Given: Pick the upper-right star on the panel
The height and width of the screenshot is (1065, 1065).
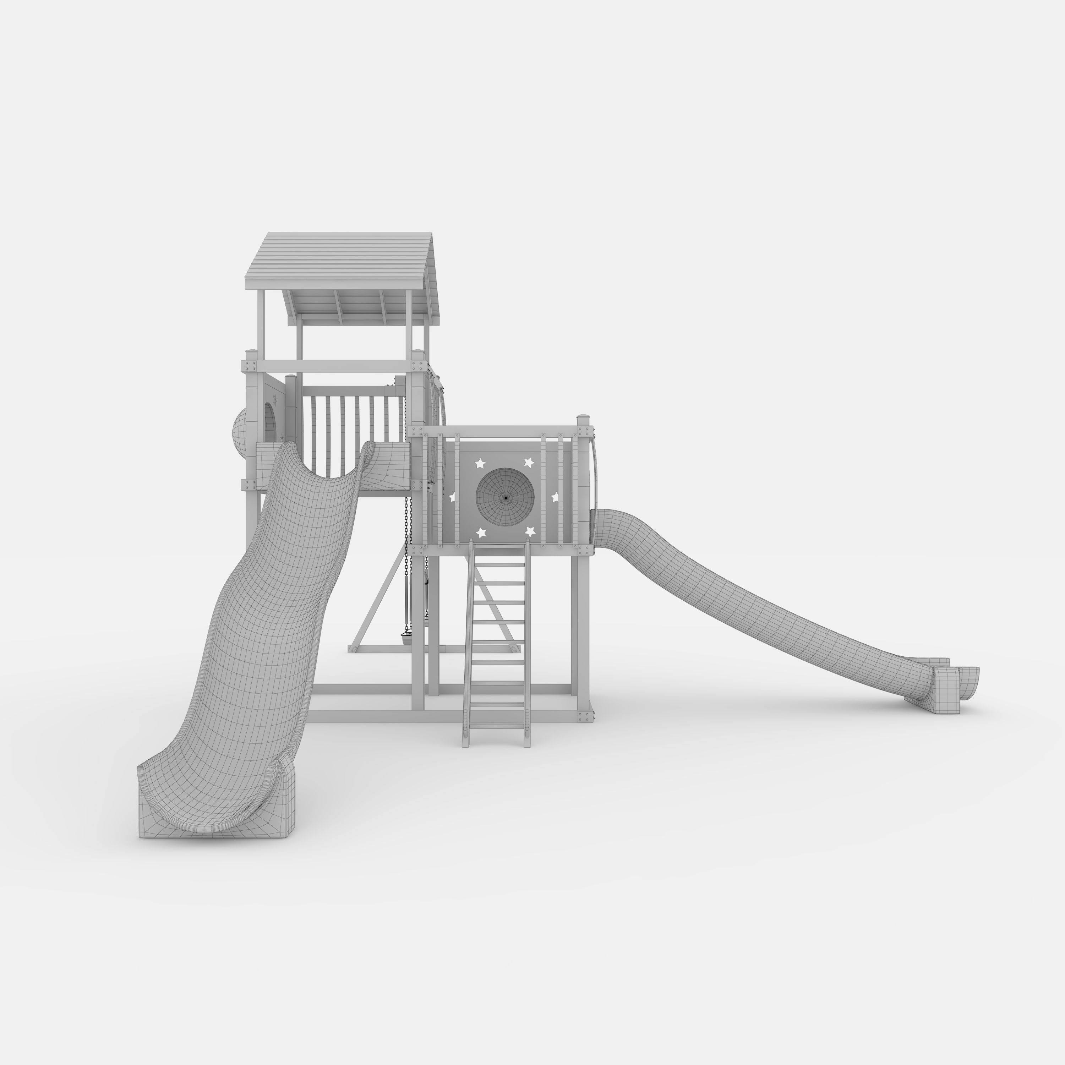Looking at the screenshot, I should (529, 462).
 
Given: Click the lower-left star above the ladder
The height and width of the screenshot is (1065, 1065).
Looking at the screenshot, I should (481, 532).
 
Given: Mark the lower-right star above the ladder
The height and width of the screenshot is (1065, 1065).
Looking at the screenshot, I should (530, 531).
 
